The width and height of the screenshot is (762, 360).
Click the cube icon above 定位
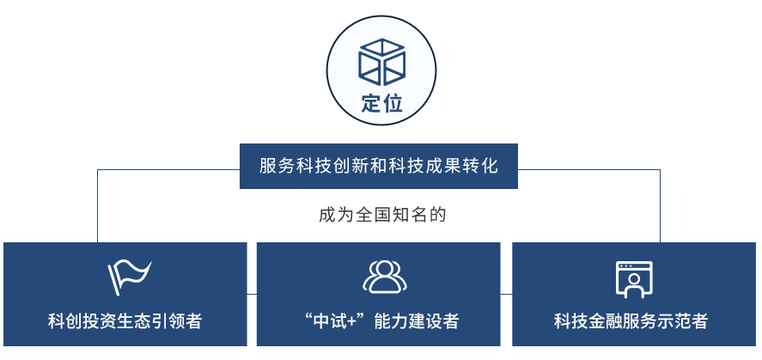(381, 62)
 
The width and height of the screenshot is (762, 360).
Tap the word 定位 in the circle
(381, 103)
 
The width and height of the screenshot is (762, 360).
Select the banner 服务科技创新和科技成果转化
(379, 166)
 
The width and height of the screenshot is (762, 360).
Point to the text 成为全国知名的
(382, 215)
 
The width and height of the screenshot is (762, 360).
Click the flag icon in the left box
(129, 278)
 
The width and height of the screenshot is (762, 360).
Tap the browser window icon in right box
(634, 279)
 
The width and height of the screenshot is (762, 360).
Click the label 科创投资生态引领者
(125, 321)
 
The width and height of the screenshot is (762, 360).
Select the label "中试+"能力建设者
(380, 321)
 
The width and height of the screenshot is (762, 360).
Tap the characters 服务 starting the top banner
(276, 166)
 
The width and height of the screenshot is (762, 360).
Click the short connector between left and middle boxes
(252, 294)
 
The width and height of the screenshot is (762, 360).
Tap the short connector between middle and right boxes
(506, 294)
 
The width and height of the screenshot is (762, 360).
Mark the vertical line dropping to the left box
(97, 205)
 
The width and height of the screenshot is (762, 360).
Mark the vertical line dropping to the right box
(660, 205)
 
